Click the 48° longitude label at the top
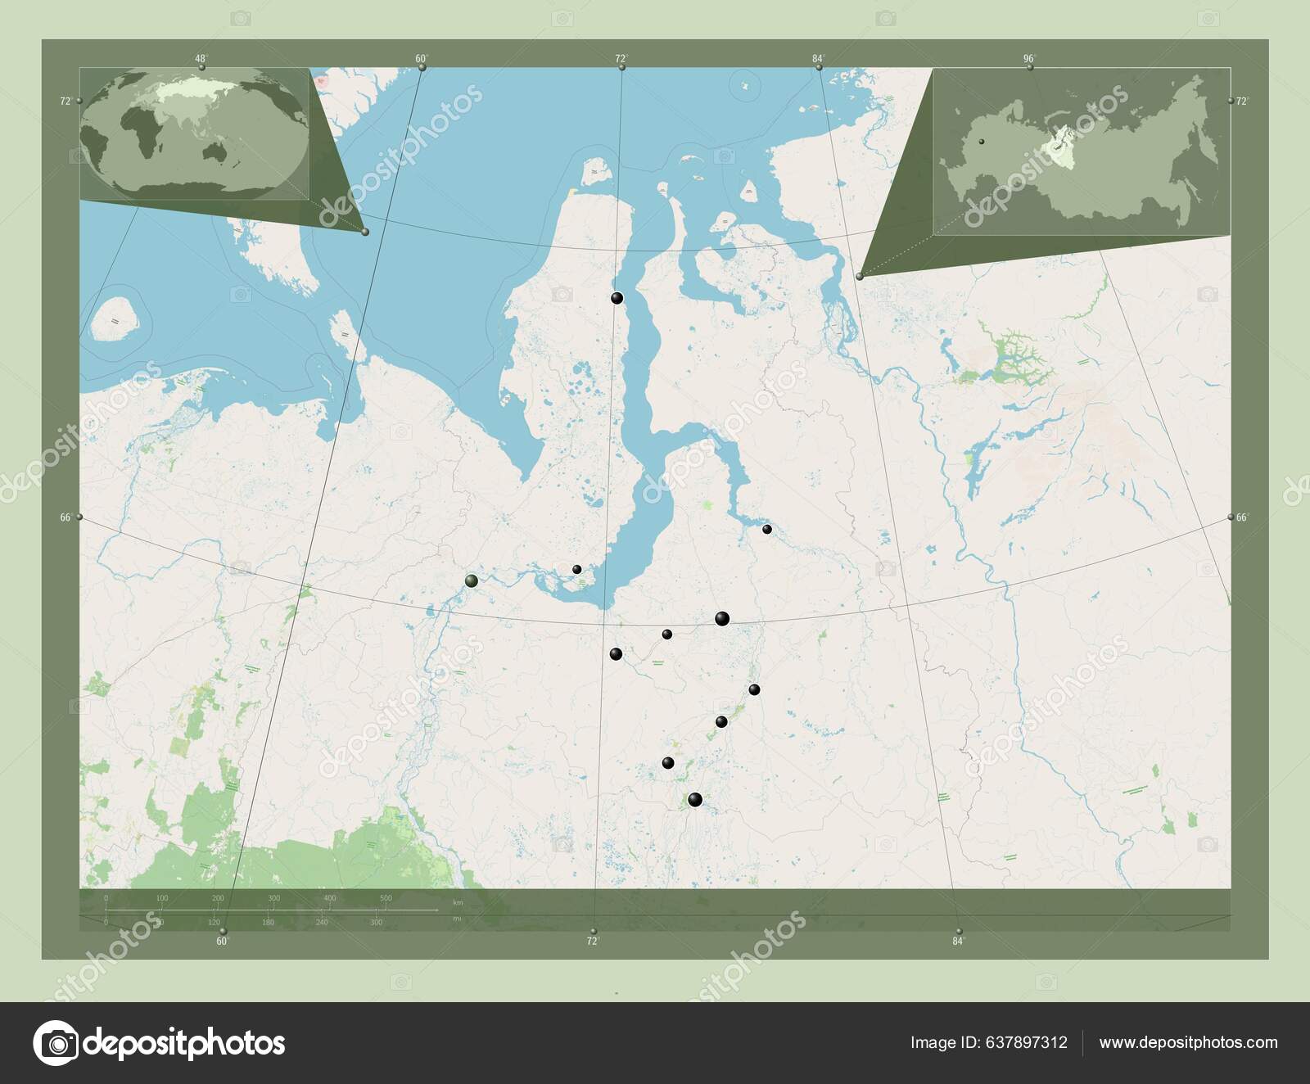[x=200, y=58]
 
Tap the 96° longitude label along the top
[x=1029, y=58]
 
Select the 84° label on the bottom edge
[x=958, y=941]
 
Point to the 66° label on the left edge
[x=65, y=517]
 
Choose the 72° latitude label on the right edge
[x=1242, y=101]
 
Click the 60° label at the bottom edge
[x=222, y=941]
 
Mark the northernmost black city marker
[x=617, y=298]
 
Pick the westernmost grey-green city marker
[x=471, y=580]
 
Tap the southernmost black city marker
[x=695, y=800]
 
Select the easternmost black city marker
[x=767, y=529]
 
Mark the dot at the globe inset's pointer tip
[x=365, y=232]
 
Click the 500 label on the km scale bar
[x=386, y=898]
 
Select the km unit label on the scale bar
[x=458, y=902]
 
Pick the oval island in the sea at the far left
[x=115, y=318]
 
